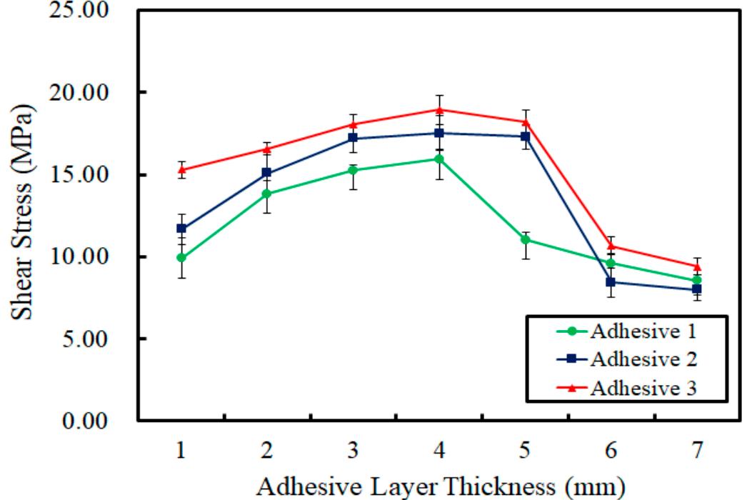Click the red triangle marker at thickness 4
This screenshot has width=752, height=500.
[439, 109]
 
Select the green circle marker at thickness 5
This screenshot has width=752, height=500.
[525, 239]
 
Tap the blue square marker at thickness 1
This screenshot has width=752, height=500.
[181, 229]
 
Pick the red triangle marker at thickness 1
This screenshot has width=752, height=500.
[181, 170]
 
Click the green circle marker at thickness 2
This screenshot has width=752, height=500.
[267, 194]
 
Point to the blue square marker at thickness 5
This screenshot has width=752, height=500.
[525, 136]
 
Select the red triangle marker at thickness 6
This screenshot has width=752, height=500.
[611, 246]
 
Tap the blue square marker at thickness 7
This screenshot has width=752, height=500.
[696, 289]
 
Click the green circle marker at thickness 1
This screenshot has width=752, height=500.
[181, 257]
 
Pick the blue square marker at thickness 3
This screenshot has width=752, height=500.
[353, 139]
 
